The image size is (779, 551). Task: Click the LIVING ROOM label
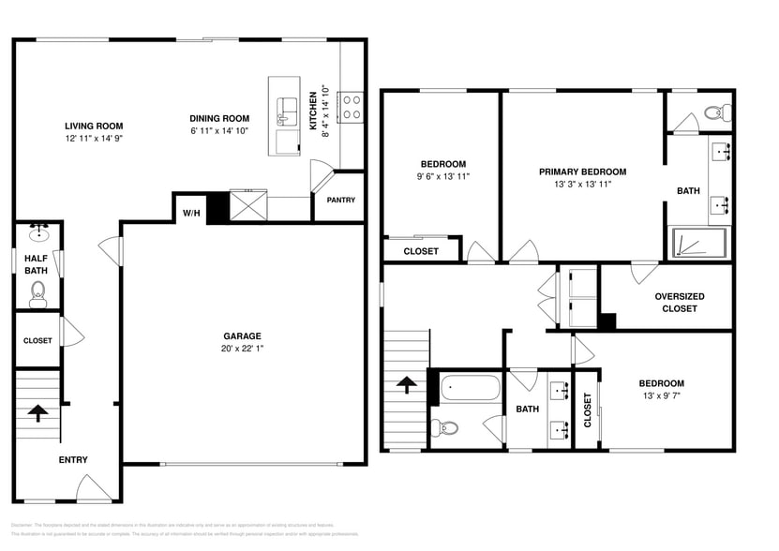pyautogui.click(x=94, y=126)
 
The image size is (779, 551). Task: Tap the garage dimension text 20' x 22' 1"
pyautogui.click(x=242, y=349)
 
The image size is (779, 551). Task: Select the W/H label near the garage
pyautogui.click(x=191, y=214)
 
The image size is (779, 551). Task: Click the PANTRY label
pyautogui.click(x=340, y=200)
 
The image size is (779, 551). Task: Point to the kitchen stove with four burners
pyautogui.click(x=352, y=107)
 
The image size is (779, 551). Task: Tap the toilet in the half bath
pyautogui.click(x=38, y=296)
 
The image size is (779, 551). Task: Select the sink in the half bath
pyautogui.click(x=38, y=231)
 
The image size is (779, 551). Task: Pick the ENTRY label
pyautogui.click(x=73, y=459)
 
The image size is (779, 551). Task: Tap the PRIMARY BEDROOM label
pyautogui.click(x=582, y=171)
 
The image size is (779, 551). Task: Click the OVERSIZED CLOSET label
pyautogui.click(x=680, y=302)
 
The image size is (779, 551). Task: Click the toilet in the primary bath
pyautogui.click(x=715, y=112)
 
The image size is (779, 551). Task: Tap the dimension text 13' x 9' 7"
pyautogui.click(x=661, y=395)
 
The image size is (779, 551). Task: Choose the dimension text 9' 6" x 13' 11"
pyautogui.click(x=442, y=176)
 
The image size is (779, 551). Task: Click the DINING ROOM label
pyautogui.click(x=219, y=118)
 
